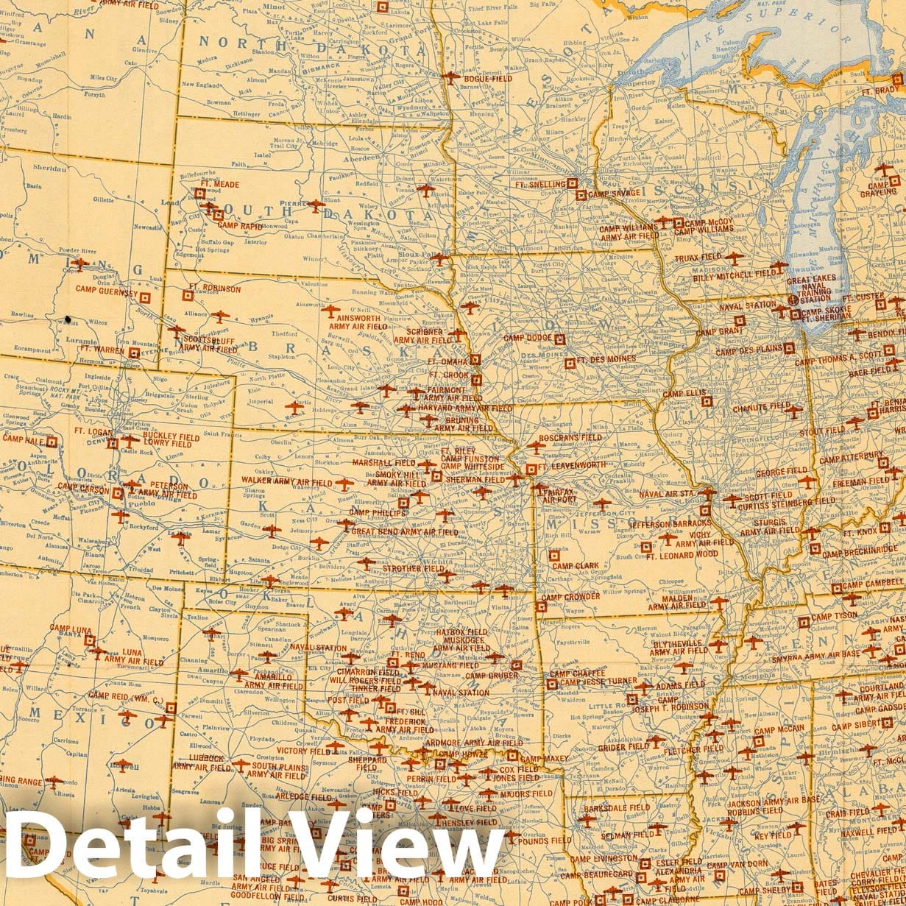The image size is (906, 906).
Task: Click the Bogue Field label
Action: pyautogui.click(x=483, y=76)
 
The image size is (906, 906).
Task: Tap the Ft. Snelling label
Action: pyautogui.click(x=540, y=185)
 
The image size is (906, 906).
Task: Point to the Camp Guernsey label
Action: pyautogui.click(x=106, y=289)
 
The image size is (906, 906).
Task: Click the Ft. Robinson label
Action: pyautogui.click(x=214, y=289)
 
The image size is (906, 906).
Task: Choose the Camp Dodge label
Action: pyautogui.click(x=527, y=338)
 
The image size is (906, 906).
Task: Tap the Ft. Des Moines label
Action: pyautogui.click(x=606, y=361)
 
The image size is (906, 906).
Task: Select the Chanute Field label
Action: pyautogui.click(x=761, y=406)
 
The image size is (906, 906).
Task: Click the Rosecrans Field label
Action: pyautogui.click(x=570, y=437)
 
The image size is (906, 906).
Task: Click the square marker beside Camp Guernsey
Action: pyautogui.click(x=145, y=297)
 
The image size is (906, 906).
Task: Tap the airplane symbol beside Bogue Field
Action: pyautogui.click(x=450, y=76)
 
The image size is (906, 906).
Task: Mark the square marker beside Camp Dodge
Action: pyautogui.click(x=559, y=339)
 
